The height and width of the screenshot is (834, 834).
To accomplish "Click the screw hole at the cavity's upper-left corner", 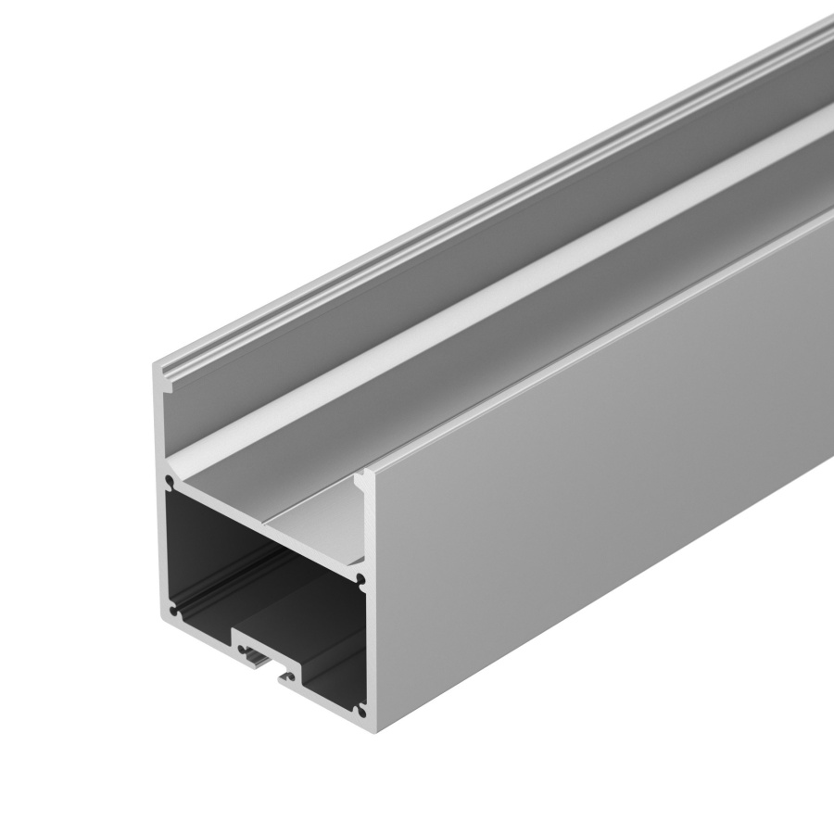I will tap(169, 483).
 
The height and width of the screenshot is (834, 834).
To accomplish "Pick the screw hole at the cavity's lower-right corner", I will tap(360, 710).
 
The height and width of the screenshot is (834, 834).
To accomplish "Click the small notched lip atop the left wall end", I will tap(161, 370).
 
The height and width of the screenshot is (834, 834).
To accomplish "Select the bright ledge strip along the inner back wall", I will tap(519, 278).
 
